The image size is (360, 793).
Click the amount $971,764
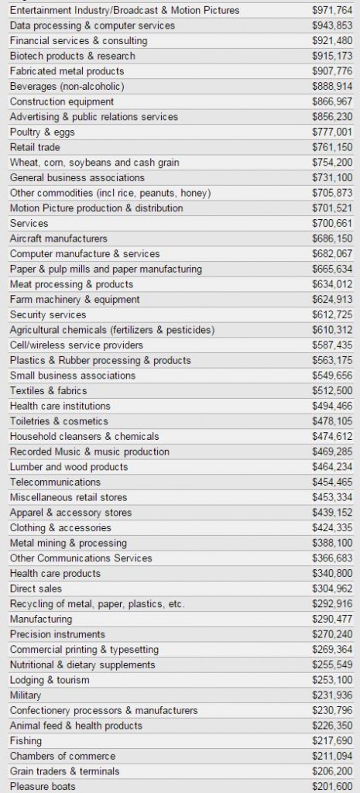332,10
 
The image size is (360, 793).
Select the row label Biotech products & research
72,56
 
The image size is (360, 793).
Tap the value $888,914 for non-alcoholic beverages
332,87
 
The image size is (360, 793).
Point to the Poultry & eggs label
42,132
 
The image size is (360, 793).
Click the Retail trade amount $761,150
332,147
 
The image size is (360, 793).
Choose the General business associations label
77,177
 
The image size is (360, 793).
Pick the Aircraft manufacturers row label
59,239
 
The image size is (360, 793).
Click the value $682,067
332,253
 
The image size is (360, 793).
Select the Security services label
48,314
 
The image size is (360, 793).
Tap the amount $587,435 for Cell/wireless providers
332,345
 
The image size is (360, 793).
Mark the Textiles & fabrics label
48,390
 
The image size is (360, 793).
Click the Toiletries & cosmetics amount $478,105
332,421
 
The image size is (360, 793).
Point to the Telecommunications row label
55,482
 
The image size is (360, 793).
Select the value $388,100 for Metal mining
332,543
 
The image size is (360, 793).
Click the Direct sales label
36,589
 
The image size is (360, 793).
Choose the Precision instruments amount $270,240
332,634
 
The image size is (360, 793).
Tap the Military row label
26,695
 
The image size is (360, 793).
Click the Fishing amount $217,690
332,740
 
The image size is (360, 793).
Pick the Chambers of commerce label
63,756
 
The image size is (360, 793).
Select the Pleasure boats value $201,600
332,786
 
